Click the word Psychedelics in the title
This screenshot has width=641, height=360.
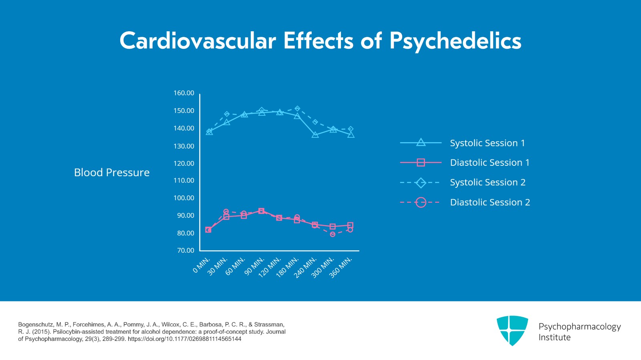pyautogui.click(x=455, y=41)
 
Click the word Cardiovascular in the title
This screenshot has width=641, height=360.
pyautogui.click(x=198, y=41)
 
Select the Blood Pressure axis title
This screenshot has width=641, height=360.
pyautogui.click(x=112, y=173)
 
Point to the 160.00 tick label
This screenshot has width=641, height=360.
pyautogui.click(x=183, y=93)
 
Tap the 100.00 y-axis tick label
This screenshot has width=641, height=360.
pyautogui.click(x=183, y=198)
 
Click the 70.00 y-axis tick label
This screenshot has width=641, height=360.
pyautogui.click(x=185, y=250)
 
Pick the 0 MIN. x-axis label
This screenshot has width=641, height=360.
pyautogui.click(x=202, y=265)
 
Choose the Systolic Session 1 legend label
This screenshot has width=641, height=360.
pyautogui.click(x=487, y=143)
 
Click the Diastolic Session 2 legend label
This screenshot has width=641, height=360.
pyautogui.click(x=490, y=202)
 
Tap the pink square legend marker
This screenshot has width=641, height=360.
pyautogui.click(x=421, y=163)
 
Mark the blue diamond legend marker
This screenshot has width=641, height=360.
pyautogui.click(x=421, y=183)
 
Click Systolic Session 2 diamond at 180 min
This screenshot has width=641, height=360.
pyautogui.click(x=297, y=109)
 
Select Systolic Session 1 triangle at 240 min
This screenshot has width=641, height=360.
pyautogui.click(x=315, y=135)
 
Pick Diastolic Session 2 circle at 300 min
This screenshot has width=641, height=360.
pyautogui.click(x=333, y=234)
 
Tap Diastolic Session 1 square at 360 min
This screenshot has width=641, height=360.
pyautogui.click(x=350, y=225)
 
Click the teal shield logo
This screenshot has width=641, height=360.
pyautogui.click(x=512, y=330)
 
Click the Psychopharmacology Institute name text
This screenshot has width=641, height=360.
pyautogui.click(x=579, y=332)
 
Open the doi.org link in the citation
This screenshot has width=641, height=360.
pyautogui.click(x=184, y=339)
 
